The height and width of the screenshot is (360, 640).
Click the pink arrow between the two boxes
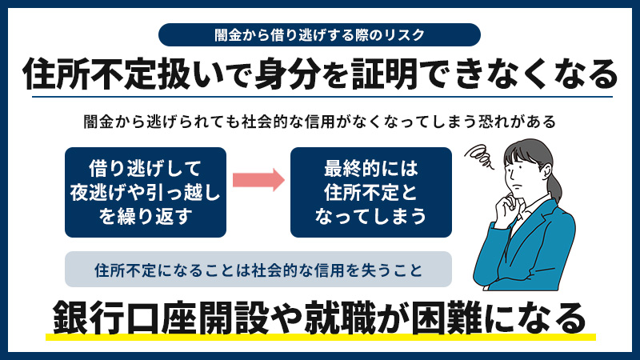258,179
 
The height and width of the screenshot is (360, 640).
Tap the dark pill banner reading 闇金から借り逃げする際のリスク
319,34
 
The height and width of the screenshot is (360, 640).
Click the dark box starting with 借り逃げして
146,192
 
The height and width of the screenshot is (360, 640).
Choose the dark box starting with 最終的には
371,192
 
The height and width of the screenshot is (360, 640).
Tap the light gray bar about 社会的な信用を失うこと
258,270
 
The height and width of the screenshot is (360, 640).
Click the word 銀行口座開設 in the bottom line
161,318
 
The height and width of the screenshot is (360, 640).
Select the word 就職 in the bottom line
339,318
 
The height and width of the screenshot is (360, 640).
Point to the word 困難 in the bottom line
446,318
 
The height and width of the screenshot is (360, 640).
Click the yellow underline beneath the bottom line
321,337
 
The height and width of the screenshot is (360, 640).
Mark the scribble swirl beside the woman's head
480,156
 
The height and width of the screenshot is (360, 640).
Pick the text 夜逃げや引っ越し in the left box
146,193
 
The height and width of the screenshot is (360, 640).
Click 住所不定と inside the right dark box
371,193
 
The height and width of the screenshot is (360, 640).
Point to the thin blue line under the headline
322,97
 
